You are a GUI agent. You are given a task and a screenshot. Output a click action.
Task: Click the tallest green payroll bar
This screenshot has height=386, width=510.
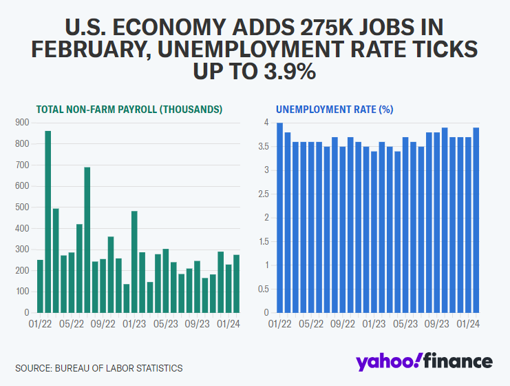click(x=48, y=221)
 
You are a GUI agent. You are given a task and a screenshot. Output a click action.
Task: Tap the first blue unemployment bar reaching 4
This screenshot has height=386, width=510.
click(x=280, y=217)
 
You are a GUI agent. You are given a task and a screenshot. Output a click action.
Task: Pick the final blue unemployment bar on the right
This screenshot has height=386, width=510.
click(x=476, y=220)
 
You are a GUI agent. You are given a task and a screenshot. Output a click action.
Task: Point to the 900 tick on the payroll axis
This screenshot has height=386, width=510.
click(x=22, y=123)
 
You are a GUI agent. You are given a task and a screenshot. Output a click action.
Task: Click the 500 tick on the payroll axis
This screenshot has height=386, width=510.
click(x=22, y=207)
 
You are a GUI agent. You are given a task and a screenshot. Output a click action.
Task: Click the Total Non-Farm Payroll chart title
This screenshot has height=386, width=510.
click(x=129, y=109)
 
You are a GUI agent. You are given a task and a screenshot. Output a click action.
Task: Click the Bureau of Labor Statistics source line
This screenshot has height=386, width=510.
click(x=99, y=368)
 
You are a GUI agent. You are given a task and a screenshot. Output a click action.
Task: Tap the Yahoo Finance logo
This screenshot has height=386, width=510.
click(x=424, y=362)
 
